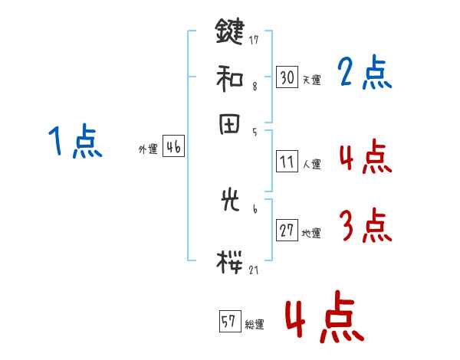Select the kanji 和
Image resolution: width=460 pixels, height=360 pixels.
[229, 77]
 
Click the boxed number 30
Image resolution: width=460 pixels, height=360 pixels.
[287, 77]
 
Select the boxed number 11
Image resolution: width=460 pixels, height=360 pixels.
[287, 162]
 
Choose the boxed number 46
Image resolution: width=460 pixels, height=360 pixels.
[173, 148]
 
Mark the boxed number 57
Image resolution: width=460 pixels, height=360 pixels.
[229, 322]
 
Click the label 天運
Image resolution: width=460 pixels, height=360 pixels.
[311, 80]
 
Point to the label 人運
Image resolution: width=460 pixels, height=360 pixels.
[311, 164]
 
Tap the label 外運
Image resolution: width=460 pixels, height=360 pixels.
[148, 150]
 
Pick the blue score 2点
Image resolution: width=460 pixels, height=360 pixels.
[365, 74]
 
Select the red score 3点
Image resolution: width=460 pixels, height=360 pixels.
[365, 226]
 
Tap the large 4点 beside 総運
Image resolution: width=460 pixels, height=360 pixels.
[324, 319]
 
